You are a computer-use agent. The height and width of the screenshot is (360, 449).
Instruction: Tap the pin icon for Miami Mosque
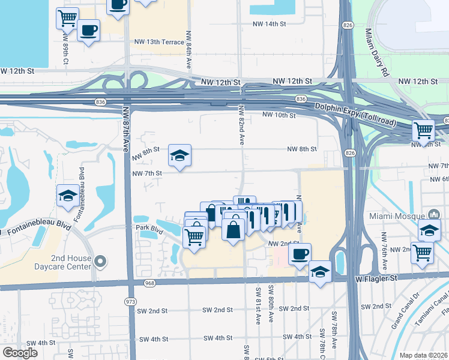coord(434,215)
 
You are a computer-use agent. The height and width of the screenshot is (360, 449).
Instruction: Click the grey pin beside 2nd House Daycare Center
coord(101,262)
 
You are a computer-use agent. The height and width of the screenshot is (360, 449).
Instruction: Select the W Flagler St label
coord(376,278)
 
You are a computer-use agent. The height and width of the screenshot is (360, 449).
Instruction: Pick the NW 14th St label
coord(268,24)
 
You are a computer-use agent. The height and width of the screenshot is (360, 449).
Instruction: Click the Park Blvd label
coord(149,229)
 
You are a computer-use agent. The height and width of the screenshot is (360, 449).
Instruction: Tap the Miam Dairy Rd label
coord(376,54)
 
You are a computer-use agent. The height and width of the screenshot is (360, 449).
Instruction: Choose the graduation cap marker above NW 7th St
coord(179,156)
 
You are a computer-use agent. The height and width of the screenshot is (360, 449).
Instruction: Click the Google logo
coord(20,353)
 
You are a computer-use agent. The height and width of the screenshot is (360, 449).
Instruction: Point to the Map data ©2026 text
coord(423,355)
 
